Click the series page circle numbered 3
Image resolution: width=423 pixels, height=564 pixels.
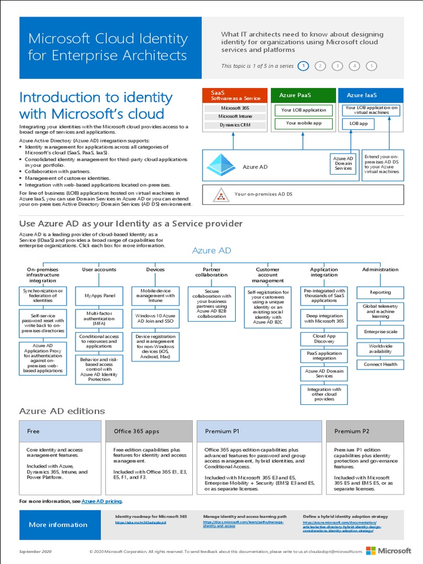(337, 66)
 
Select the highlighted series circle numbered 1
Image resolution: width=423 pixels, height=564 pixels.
(302, 66)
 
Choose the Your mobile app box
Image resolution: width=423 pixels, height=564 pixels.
(303, 123)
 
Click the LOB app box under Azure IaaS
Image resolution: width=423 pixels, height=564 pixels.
(359, 124)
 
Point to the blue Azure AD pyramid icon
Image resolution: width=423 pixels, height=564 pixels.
(221, 165)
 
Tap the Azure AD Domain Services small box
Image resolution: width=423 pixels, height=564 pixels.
(343, 163)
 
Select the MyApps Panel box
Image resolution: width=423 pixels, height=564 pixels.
(100, 296)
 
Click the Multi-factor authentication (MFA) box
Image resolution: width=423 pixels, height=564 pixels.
(100, 318)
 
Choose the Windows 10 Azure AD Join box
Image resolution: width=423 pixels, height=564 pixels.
(155, 318)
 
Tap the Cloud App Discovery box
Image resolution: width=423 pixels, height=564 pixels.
(324, 339)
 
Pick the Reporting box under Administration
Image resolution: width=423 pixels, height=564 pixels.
(381, 292)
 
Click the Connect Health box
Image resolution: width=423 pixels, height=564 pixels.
(381, 364)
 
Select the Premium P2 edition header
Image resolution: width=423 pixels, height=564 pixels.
(365, 431)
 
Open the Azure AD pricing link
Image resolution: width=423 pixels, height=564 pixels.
(102, 502)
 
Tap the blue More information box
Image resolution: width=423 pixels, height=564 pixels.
(58, 524)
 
